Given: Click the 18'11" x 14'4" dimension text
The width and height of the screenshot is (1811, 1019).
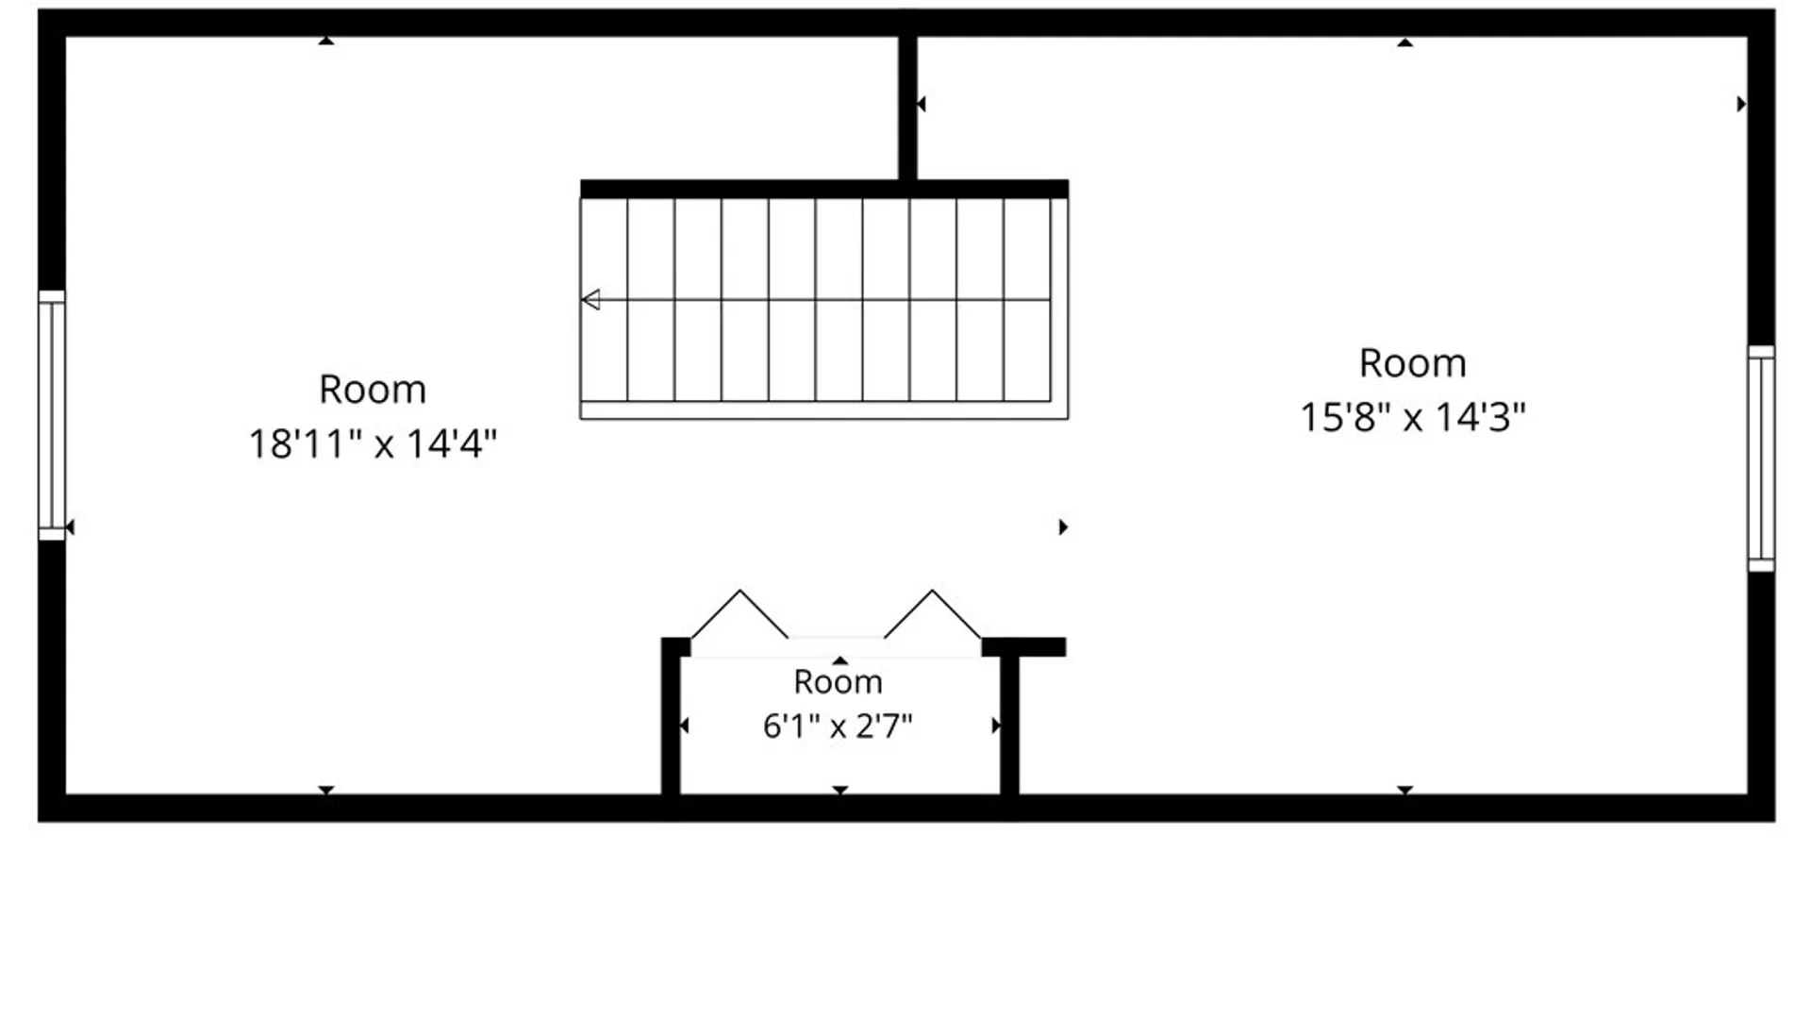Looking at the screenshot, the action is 373,443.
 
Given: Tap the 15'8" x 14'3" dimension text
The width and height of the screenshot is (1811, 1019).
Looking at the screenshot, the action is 1413,417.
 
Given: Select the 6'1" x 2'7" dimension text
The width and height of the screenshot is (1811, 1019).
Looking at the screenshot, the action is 838,727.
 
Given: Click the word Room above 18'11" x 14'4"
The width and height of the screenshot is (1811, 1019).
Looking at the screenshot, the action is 373,390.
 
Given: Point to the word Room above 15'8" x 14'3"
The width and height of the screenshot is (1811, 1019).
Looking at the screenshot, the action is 1413,363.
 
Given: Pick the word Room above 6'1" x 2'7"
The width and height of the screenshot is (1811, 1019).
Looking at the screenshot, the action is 838,681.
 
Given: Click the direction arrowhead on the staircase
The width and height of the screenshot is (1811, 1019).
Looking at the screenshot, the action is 591,300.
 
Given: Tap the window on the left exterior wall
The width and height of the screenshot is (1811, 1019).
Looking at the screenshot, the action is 52,415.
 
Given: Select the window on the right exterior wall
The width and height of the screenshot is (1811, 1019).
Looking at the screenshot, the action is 1761,458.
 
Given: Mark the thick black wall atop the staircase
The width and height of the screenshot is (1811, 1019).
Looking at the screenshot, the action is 824,189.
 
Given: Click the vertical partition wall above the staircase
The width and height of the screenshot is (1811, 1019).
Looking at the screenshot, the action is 907,108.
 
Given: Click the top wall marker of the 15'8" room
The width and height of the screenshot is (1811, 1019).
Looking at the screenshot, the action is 1404,42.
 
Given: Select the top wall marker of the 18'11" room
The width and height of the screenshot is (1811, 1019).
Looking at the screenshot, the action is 325,41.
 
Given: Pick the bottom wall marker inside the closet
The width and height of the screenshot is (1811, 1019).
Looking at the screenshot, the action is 839,790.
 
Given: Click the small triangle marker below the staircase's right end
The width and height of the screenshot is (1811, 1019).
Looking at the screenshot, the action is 1063,526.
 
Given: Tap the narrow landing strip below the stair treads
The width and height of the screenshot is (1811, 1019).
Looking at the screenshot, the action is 824,410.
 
